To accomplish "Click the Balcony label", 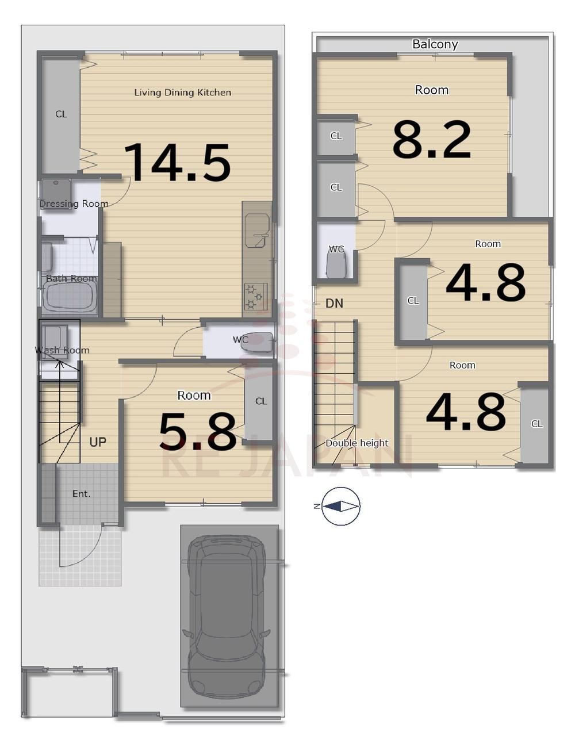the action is click(435, 44).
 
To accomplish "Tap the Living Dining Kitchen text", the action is click(183, 93).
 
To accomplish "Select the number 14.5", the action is click(177, 162).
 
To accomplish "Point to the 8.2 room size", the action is click(432, 140).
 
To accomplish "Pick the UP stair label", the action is click(98, 442).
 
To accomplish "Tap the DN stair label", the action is click(335, 304).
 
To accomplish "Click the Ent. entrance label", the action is click(82, 494).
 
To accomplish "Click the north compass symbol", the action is click(341, 506).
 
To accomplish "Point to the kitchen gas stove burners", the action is click(255, 296).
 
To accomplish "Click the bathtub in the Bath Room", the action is click(70, 297).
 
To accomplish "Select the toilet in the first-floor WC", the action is click(256, 342).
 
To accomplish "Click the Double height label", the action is click(357, 443).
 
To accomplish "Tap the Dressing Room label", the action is click(74, 204).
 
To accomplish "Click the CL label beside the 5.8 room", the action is click(261, 401).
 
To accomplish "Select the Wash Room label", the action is click(62, 350).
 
